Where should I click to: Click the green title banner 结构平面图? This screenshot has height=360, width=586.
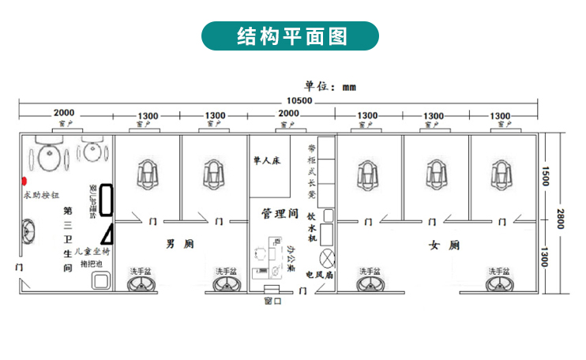click(292, 36)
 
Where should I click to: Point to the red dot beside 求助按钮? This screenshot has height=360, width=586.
click(24, 182)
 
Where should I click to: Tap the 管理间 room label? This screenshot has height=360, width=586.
click(279, 213)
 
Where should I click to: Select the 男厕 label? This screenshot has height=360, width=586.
click(175, 244)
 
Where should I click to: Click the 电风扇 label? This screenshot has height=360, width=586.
click(320, 275)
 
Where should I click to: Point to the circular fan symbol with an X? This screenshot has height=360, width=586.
click(327, 257)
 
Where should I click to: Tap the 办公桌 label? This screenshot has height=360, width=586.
click(291, 258)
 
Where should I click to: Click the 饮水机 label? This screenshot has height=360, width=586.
click(312, 226)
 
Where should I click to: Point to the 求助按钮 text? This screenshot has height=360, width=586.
click(41, 194)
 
